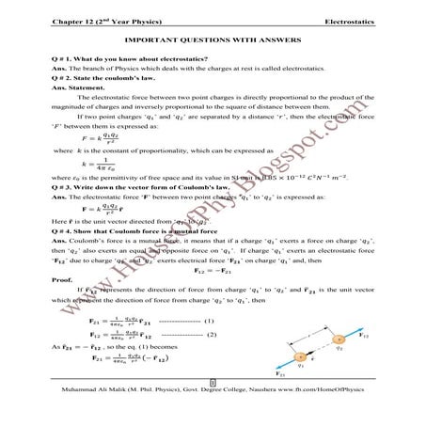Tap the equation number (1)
point(206,320)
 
